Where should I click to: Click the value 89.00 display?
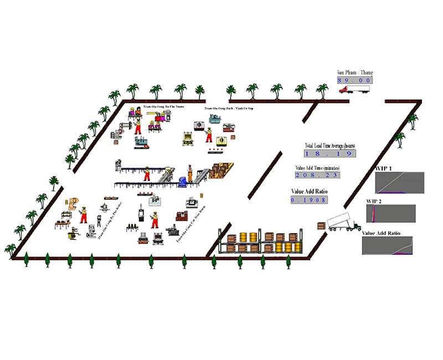[x=353, y=81]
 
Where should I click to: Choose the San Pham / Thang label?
[x=354, y=73]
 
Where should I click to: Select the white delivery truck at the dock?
[x=342, y=223]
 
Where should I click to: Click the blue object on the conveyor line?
[x=182, y=180]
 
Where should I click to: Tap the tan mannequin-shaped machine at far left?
[x=72, y=203]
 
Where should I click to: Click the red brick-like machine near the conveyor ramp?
[x=181, y=213]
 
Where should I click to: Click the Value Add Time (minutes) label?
[x=318, y=167]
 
